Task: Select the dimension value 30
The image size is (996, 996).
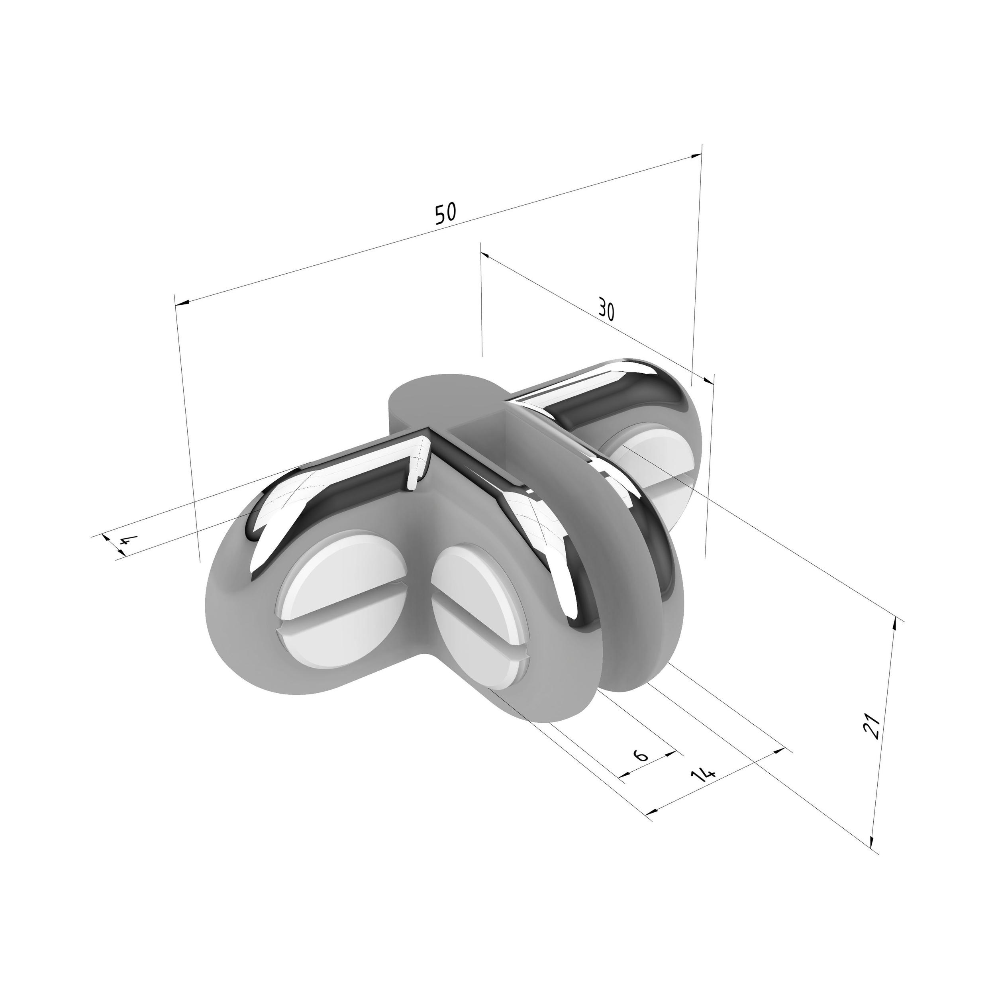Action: tap(606, 309)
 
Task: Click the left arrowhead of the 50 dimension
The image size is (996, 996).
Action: tap(182, 303)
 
